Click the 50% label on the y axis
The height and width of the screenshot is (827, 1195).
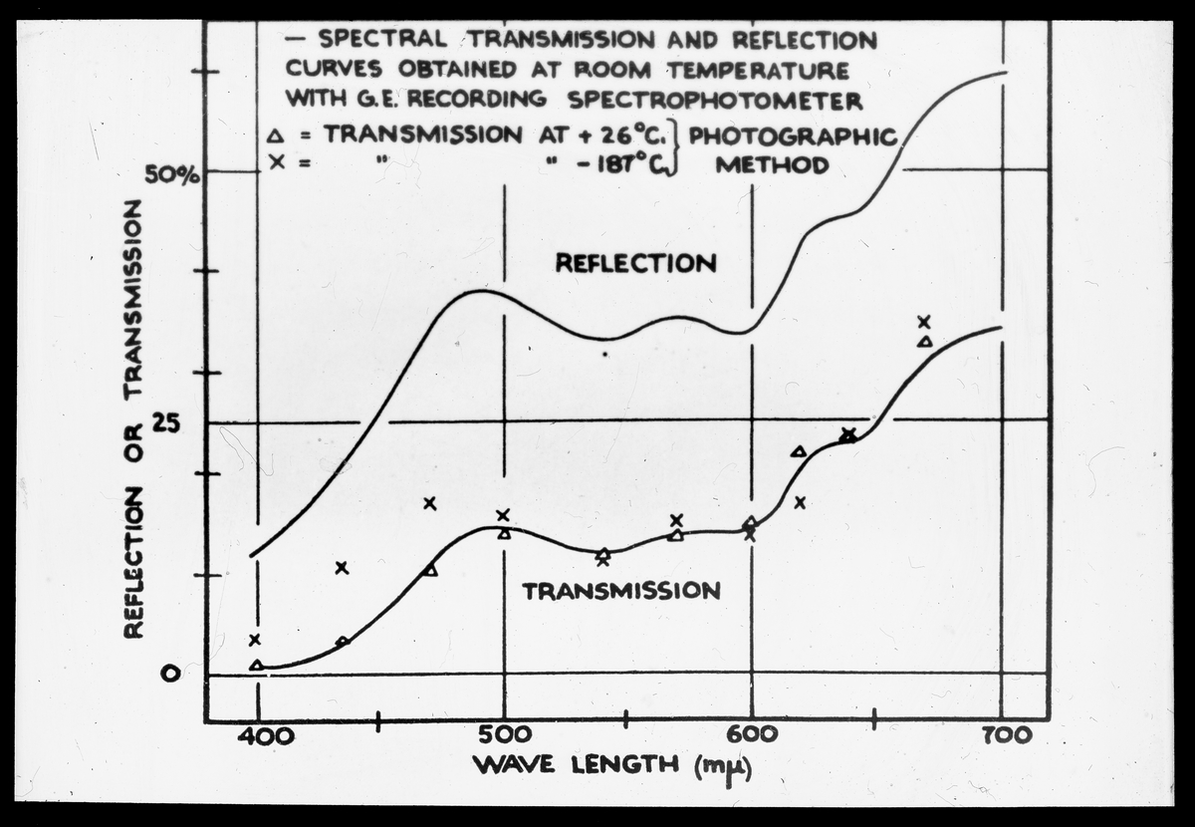coord(172,174)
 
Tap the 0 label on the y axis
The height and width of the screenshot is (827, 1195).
coord(170,674)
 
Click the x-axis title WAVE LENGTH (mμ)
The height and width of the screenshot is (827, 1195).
coord(612,766)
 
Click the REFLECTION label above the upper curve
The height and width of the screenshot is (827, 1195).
coord(635,263)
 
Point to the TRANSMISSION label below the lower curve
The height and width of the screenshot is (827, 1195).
coord(621,590)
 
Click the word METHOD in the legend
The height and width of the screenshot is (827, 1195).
coord(772,165)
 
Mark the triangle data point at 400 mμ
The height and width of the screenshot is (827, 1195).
coord(257,665)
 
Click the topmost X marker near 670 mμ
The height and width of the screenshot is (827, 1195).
coord(924,321)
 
